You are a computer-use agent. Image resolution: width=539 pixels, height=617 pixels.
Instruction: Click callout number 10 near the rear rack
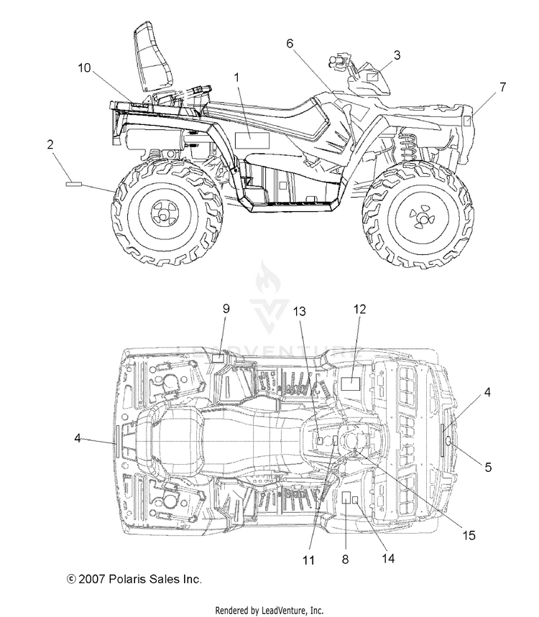point(84,68)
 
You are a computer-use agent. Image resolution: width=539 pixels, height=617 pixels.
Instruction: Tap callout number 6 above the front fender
point(290,43)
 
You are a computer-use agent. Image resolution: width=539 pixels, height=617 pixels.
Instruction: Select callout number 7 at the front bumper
point(503,87)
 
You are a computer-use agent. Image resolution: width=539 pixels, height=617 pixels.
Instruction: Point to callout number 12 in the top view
point(359,309)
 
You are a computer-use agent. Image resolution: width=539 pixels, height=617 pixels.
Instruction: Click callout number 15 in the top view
point(469,535)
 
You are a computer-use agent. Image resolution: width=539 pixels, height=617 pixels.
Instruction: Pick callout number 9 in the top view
point(226,309)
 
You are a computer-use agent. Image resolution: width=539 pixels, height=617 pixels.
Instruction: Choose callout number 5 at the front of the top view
point(488,467)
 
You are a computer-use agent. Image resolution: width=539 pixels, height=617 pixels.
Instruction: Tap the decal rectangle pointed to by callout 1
point(252,141)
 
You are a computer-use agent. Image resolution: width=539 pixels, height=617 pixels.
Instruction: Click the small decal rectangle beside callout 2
point(73,183)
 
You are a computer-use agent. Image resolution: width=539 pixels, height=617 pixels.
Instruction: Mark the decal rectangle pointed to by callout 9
point(218,358)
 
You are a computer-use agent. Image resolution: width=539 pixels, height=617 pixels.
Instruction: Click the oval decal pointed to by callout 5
point(448,444)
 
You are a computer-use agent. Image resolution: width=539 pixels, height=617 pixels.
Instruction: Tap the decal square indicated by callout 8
point(346,497)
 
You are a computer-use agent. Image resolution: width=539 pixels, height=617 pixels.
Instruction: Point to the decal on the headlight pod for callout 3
point(372,77)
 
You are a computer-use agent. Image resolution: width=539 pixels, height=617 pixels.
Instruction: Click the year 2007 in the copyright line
point(92,579)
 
